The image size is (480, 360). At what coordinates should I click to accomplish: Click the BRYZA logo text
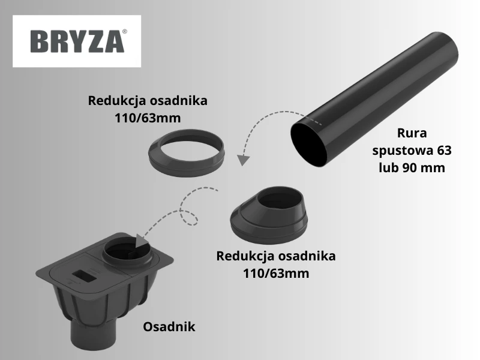tap(75, 41)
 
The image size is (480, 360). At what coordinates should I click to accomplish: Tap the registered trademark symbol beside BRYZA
tap(125, 30)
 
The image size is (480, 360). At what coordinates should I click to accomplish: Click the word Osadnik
tap(169, 327)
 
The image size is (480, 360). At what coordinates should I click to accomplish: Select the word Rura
tap(412, 133)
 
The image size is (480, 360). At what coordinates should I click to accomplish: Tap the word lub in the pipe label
tap(388, 167)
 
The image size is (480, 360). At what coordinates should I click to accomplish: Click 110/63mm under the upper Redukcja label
tap(148, 118)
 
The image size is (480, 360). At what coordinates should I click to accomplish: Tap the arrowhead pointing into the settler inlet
tap(142, 239)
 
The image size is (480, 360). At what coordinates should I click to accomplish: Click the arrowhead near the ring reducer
tap(242, 160)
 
